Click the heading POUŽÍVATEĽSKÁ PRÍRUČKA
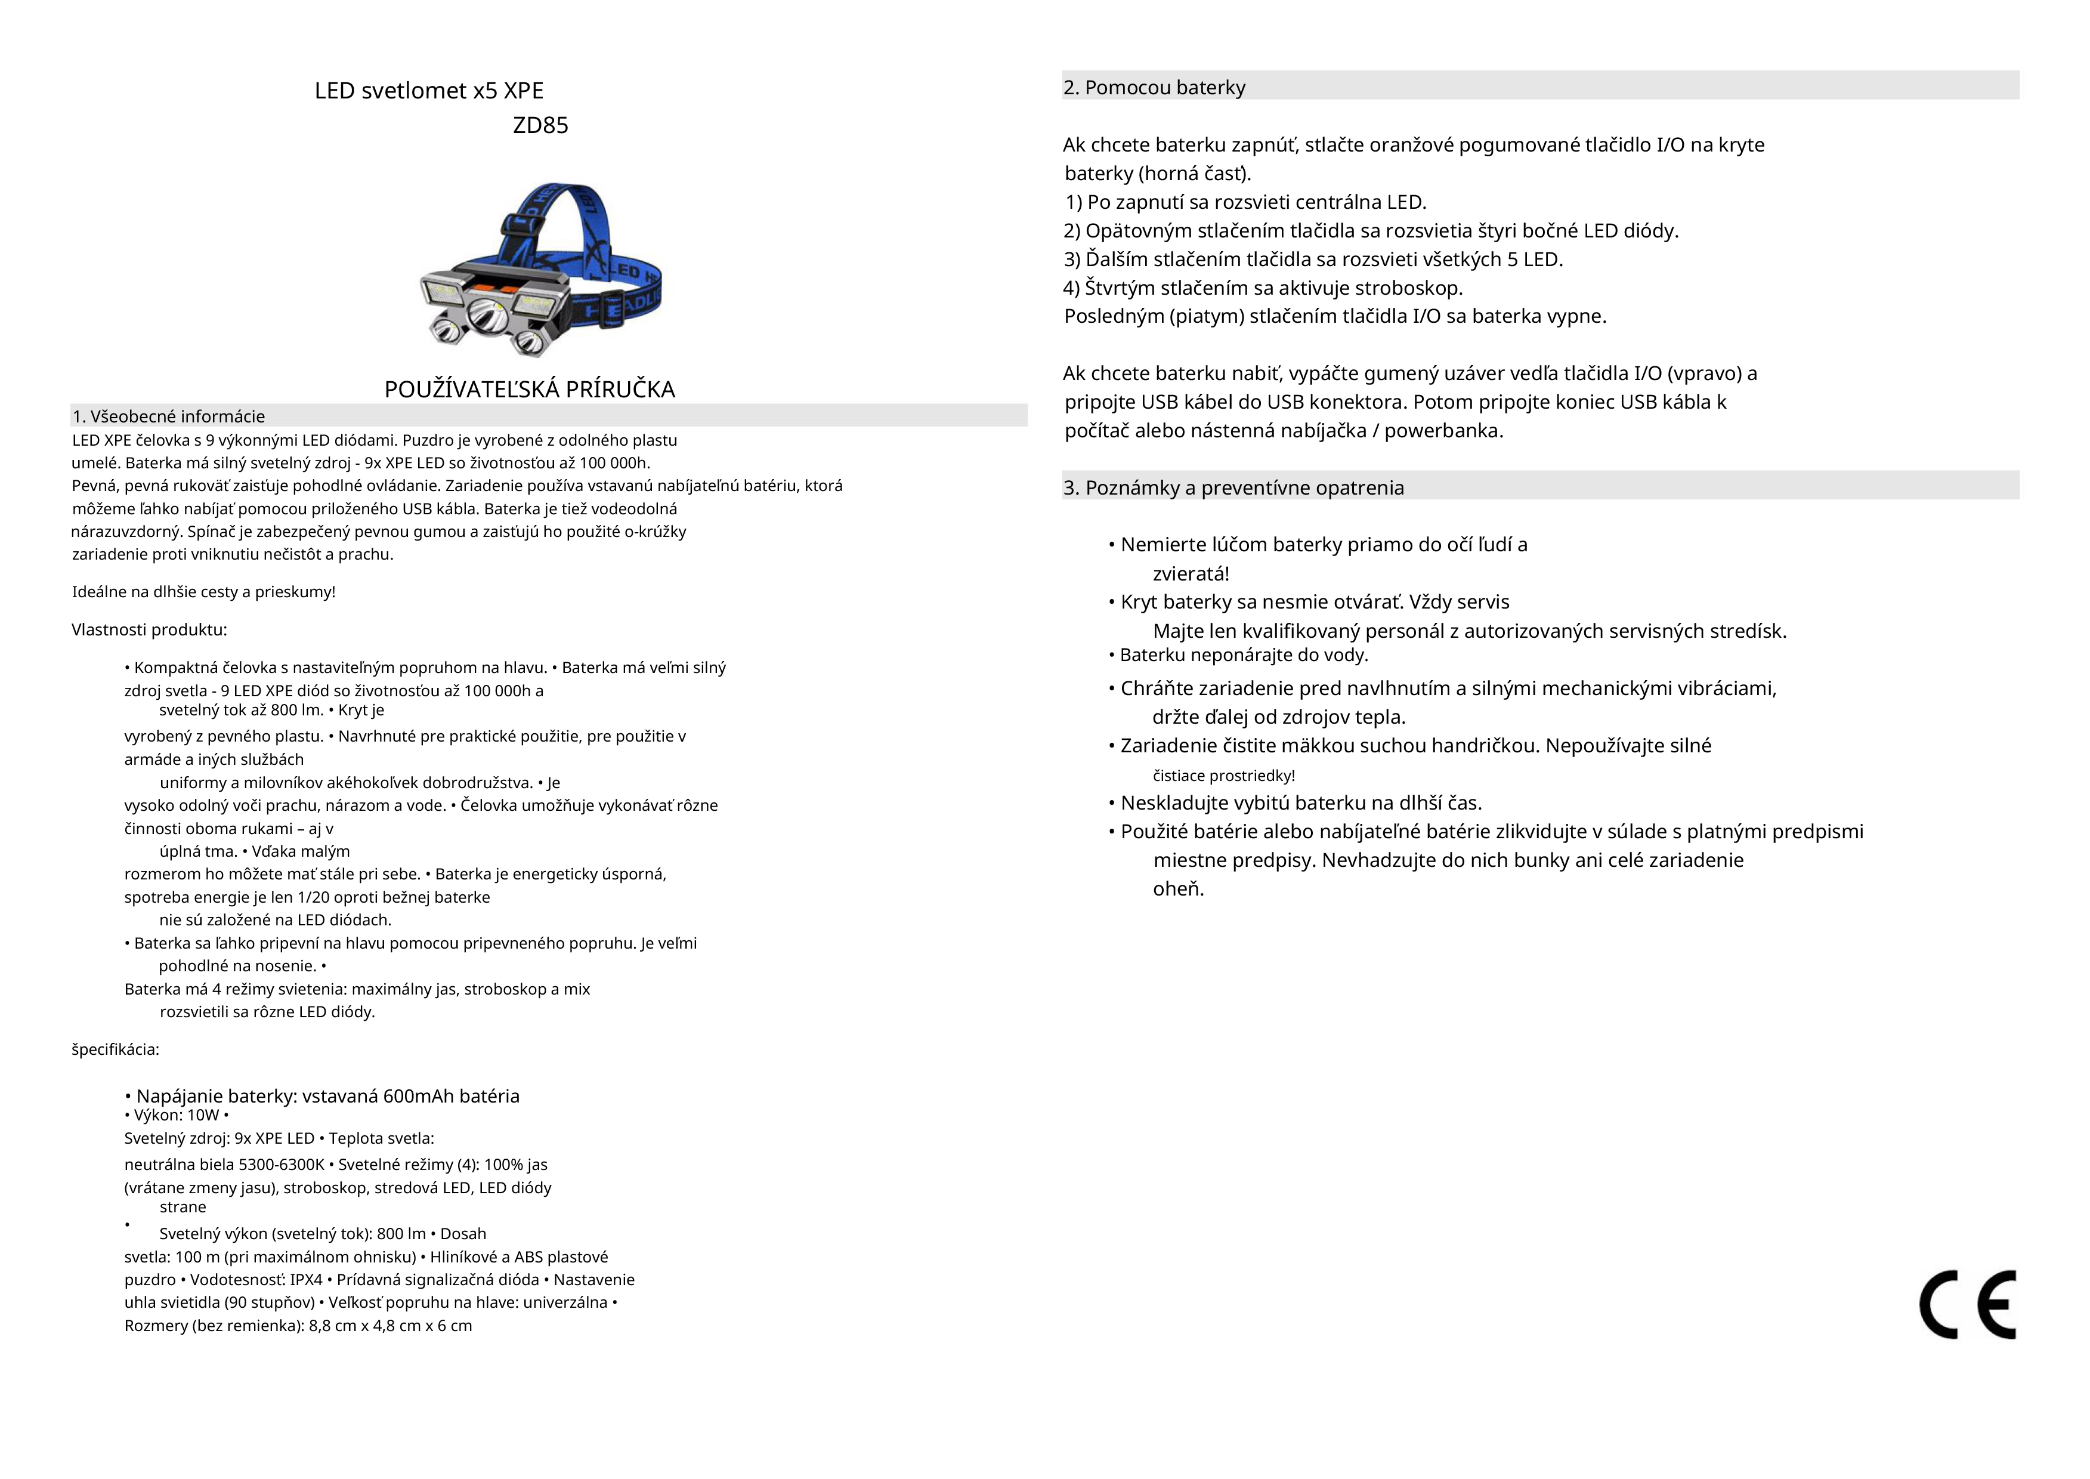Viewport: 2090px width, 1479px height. pyautogui.click(x=529, y=390)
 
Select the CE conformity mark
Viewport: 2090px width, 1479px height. pyautogui.click(x=1967, y=1304)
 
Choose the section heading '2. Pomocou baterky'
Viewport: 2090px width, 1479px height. pyautogui.click(x=1154, y=88)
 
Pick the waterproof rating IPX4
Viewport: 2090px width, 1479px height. pyautogui.click(x=306, y=1280)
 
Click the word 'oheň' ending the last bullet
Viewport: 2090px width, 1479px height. pyautogui.click(x=1178, y=889)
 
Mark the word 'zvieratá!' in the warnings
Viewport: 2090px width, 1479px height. pyautogui.click(x=1191, y=574)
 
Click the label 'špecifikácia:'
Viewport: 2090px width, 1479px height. pyautogui.click(x=116, y=1049)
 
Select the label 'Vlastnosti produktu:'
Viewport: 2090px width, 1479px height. pyautogui.click(x=149, y=630)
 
